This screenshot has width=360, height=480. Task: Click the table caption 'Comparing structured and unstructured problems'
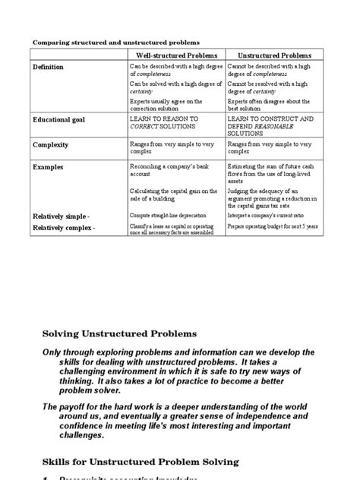coord(110,43)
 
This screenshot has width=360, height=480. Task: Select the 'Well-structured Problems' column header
coord(176,56)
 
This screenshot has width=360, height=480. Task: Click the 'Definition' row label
coord(49,68)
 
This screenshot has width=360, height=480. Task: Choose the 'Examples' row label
coord(49,167)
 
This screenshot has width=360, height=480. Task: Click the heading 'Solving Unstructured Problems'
coord(119,333)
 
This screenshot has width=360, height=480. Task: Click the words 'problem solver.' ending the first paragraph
coord(81,390)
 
